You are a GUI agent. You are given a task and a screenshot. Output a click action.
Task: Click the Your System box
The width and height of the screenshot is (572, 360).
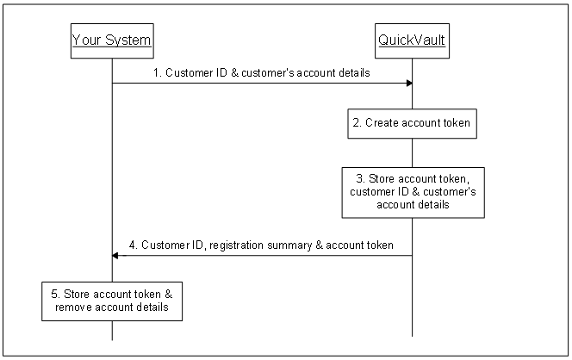tap(112, 40)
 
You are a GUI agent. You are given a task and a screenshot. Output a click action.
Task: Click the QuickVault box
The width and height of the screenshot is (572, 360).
tap(412, 40)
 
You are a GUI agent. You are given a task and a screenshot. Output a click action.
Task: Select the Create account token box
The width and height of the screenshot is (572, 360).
tap(412, 123)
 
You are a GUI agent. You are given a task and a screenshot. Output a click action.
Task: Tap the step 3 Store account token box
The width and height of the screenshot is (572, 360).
tap(412, 192)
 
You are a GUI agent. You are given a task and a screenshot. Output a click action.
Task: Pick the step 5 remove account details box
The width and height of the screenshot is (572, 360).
tap(112, 299)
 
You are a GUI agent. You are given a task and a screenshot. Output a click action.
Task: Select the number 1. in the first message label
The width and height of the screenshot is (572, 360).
tap(158, 73)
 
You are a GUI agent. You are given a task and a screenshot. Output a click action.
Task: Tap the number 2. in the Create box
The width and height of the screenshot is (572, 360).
tap(357, 123)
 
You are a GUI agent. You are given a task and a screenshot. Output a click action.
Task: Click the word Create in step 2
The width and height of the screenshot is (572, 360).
tap(382, 123)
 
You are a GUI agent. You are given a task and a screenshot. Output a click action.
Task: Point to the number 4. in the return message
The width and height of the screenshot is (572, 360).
tap(134, 245)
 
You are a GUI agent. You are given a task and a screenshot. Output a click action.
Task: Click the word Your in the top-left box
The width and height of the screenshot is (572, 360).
tap(84, 40)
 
